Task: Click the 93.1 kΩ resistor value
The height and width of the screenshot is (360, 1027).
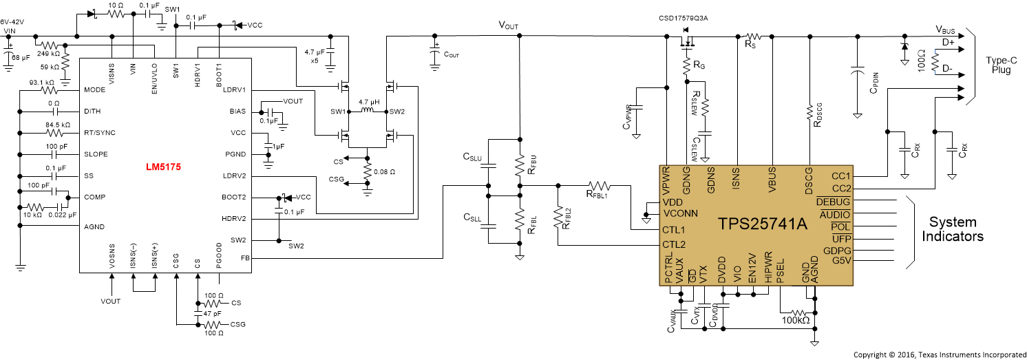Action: [42, 83]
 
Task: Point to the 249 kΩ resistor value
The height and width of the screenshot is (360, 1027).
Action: [47, 52]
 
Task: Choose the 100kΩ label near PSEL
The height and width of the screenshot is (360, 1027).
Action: [796, 320]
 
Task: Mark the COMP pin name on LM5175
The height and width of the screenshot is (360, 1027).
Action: [94, 197]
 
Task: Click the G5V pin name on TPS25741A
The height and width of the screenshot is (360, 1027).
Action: [841, 261]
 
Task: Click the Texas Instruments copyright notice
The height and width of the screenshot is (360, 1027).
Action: [940, 354]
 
